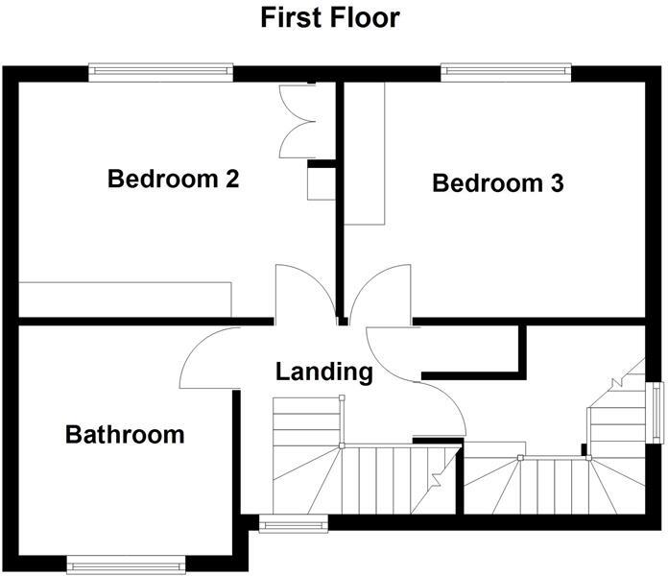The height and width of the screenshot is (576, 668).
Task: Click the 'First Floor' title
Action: pos(330,17)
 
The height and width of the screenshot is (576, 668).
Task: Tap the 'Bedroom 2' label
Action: pos(173,179)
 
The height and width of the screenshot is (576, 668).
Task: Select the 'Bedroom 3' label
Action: pos(497,182)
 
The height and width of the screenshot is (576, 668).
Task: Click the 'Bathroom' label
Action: pos(125,434)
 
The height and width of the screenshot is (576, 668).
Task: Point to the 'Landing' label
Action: pos(324,372)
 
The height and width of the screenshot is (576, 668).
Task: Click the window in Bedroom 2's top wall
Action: pos(160,72)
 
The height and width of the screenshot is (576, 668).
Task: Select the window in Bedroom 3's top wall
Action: pos(505,72)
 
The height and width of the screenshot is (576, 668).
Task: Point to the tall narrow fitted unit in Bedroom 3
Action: pos(364,154)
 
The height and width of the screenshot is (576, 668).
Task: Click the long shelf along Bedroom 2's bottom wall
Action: pos(125,298)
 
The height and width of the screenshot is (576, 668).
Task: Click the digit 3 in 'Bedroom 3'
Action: pos(557,182)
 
